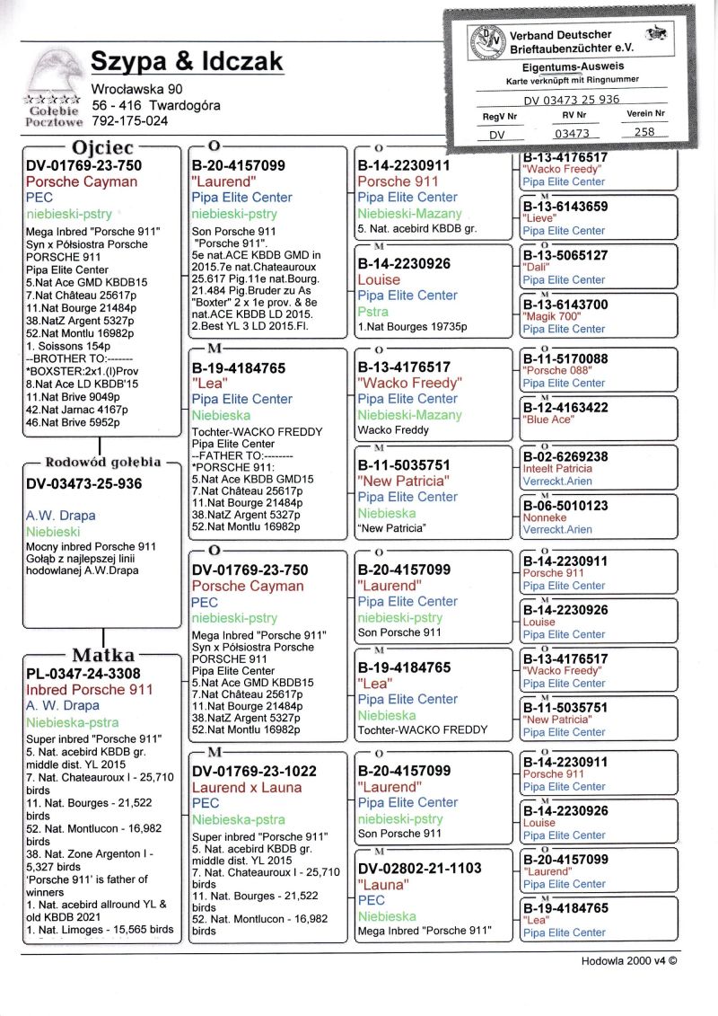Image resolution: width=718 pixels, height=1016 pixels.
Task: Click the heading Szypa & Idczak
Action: (187, 61)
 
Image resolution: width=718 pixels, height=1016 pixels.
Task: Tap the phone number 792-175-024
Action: (129, 120)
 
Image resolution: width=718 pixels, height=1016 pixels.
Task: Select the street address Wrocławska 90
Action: (137, 89)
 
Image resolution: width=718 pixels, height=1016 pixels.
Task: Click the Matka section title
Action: (102, 655)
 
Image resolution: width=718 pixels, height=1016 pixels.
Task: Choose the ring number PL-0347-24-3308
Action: (83, 673)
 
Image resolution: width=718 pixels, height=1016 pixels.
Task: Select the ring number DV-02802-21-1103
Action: (419, 868)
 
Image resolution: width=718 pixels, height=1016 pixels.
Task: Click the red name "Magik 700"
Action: (552, 317)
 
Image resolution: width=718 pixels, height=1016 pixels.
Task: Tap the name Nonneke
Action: (545, 517)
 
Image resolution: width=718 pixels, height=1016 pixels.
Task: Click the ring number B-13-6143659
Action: (565, 207)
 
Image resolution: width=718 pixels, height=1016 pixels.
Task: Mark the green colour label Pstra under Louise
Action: (372, 311)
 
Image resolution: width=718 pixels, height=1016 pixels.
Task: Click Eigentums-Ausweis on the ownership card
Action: (573, 66)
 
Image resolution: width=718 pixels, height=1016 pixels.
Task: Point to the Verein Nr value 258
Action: (644, 131)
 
